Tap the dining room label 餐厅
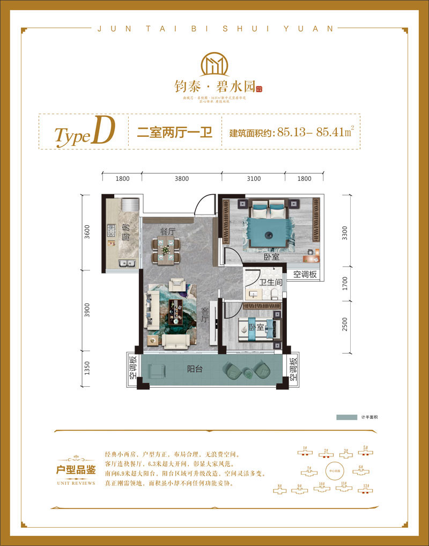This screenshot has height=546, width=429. click(x=168, y=231)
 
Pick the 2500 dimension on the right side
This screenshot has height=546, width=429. click(x=345, y=325)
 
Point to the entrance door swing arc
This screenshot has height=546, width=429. click(x=206, y=205)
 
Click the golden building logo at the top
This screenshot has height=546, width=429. click(x=214, y=64)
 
